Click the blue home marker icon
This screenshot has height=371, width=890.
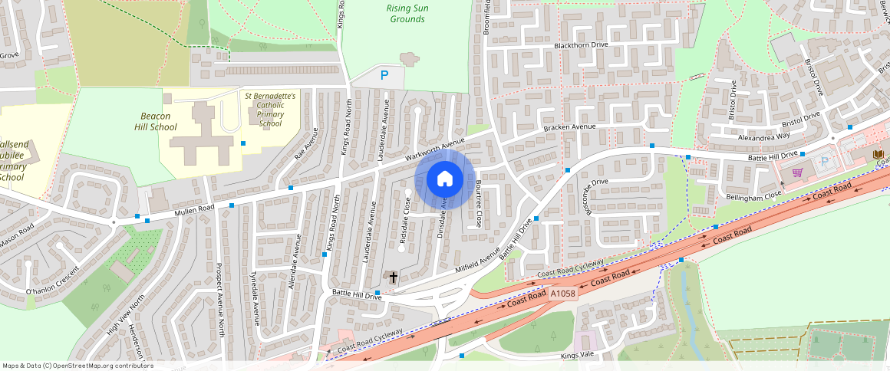point(444,179)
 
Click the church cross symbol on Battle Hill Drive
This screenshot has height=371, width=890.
point(394,277)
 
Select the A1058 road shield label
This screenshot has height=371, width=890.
point(562,293)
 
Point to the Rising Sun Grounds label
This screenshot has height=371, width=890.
point(407,13)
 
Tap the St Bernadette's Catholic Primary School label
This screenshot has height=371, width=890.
point(270,110)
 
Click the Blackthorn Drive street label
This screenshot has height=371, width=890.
point(586,46)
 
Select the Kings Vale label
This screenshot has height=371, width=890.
point(578,356)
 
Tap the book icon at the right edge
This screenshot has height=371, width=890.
point(878,155)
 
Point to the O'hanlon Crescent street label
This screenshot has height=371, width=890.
point(52,281)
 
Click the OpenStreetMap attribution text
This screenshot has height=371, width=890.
point(77,366)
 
